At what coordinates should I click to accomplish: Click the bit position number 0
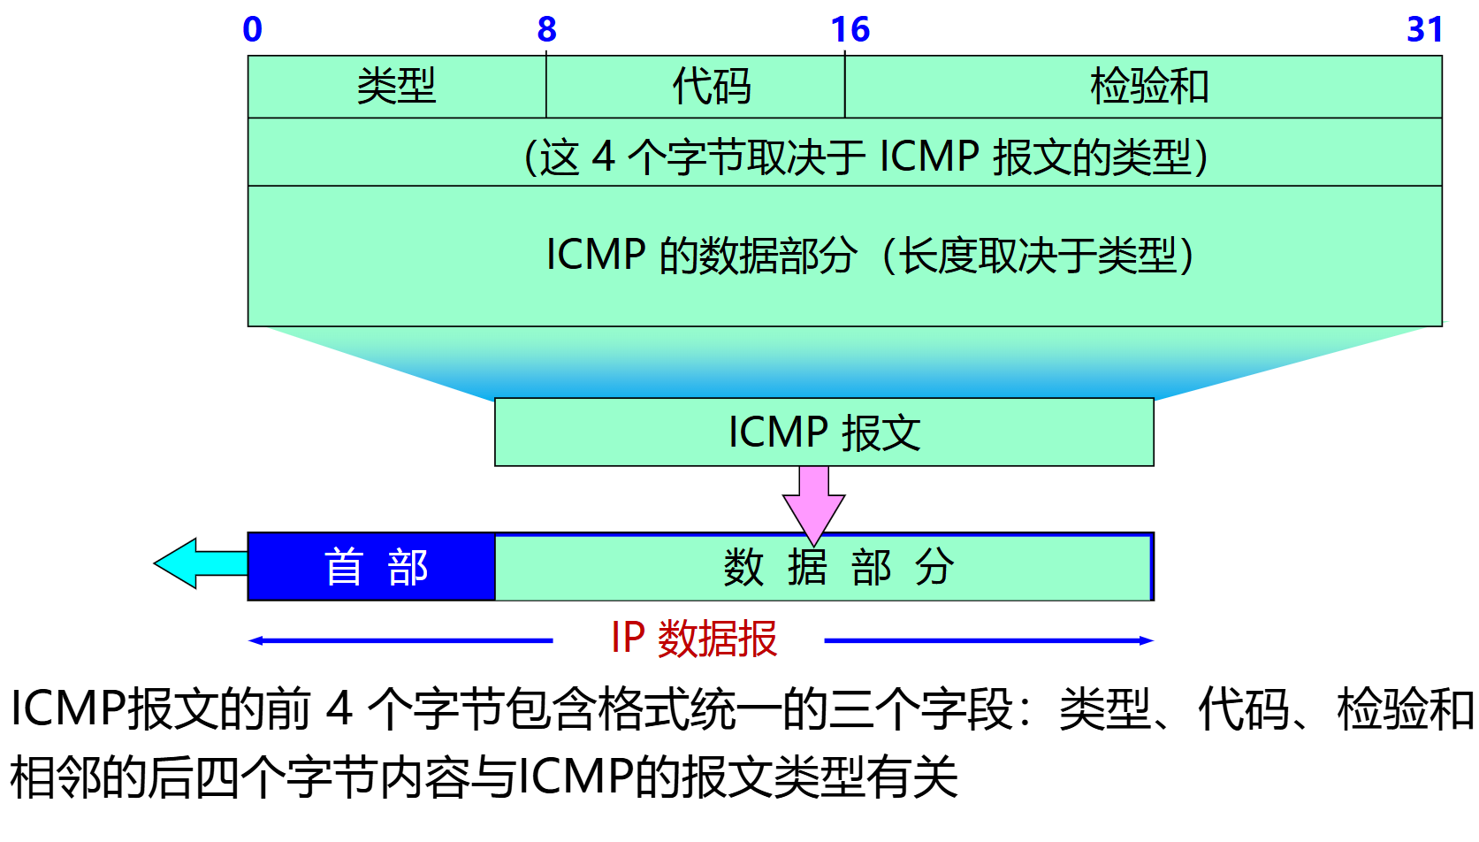tap(253, 30)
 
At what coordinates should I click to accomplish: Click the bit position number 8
tap(547, 30)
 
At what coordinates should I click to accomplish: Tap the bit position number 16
tap(850, 30)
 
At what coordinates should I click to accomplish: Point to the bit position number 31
tap(1424, 30)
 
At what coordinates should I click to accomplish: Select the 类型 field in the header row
tap(397, 87)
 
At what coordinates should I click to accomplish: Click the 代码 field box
tap(695, 87)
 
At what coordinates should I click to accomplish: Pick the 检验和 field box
tap(1143, 87)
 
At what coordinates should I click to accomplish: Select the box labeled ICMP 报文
tap(824, 432)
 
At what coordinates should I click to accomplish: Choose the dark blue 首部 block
tap(371, 567)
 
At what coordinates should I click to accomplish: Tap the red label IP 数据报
tap(694, 639)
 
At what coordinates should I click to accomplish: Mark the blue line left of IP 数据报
tap(402, 640)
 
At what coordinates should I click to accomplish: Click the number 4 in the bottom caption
tap(339, 709)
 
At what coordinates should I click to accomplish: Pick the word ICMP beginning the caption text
tap(67, 709)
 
